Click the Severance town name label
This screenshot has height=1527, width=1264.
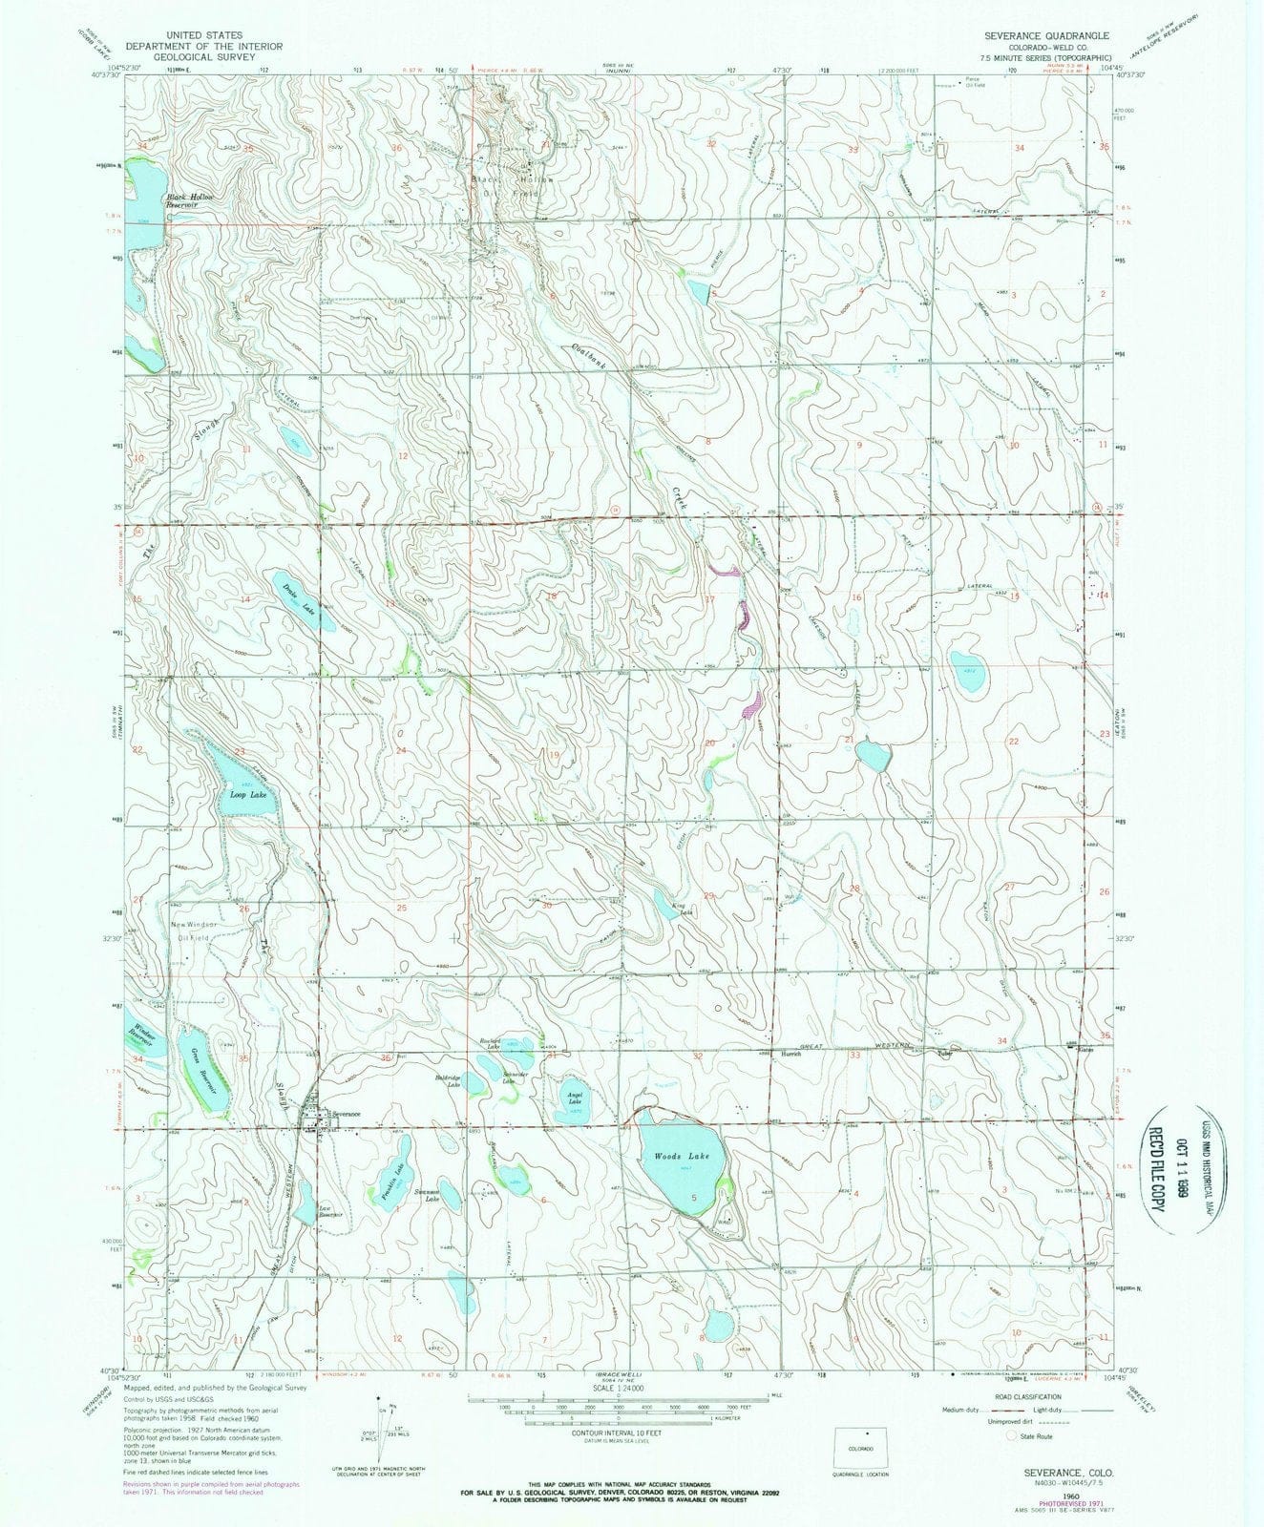pyautogui.click(x=345, y=1114)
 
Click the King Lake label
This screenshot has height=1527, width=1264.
pyautogui.click(x=679, y=908)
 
